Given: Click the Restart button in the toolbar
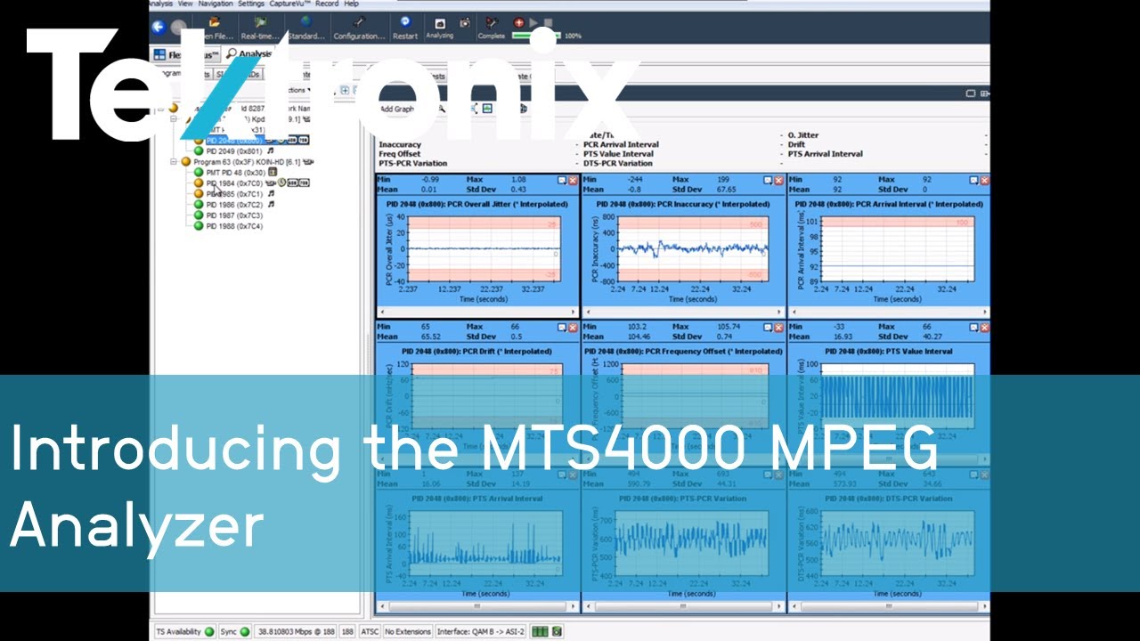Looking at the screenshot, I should (405, 26).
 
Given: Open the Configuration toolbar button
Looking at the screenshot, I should (359, 26).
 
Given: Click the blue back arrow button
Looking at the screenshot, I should (160, 28).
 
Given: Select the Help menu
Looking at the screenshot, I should (351, 4).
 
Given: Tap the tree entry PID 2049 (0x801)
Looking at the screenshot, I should (235, 151).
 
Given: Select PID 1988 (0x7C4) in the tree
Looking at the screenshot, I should (234, 226).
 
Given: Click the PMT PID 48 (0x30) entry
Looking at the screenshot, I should (236, 173).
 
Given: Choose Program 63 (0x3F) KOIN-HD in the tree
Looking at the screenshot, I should (240, 162).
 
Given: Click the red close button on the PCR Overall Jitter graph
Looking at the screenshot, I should (573, 180).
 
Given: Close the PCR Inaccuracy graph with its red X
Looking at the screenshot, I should (778, 180).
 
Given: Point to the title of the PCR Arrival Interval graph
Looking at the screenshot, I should (890, 204).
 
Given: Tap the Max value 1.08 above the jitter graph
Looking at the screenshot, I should (519, 180).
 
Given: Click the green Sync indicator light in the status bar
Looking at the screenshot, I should (244, 631).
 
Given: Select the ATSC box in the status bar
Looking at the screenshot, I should (369, 631).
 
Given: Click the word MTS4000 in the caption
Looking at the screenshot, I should (606, 449).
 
